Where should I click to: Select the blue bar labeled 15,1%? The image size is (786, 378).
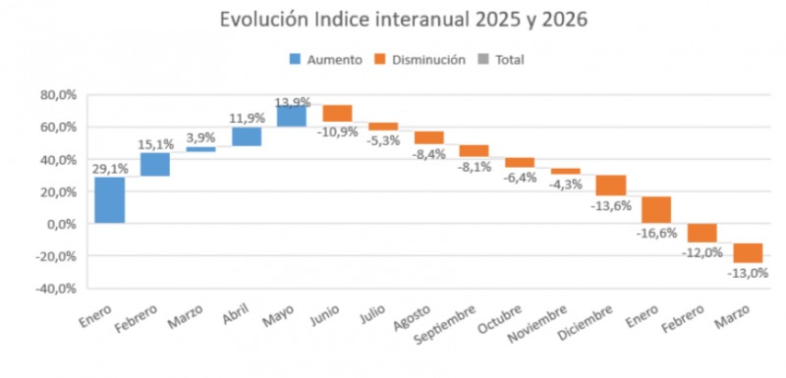(x=154, y=164)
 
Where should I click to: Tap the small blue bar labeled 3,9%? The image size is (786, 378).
(x=200, y=149)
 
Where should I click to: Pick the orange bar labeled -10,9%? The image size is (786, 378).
(x=337, y=113)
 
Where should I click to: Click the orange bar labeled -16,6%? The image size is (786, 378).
(x=656, y=210)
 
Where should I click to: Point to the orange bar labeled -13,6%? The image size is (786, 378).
(x=611, y=186)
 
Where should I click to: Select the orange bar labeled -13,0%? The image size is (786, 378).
(x=748, y=253)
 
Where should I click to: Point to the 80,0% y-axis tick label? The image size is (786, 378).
(x=59, y=95)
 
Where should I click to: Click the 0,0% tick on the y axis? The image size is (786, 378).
(x=62, y=224)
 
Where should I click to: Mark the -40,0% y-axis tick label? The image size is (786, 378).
(x=57, y=289)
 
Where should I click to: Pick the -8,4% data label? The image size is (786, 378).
(x=429, y=154)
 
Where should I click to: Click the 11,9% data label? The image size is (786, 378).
(x=247, y=119)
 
